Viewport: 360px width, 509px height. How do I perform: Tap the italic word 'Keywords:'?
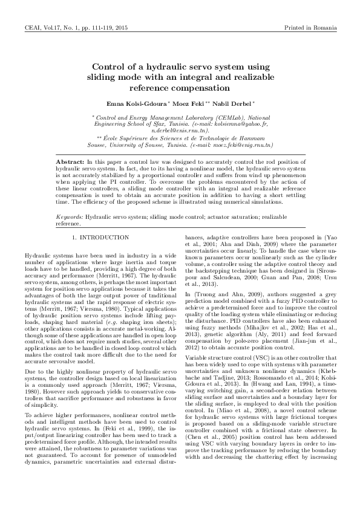coord(69,216)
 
